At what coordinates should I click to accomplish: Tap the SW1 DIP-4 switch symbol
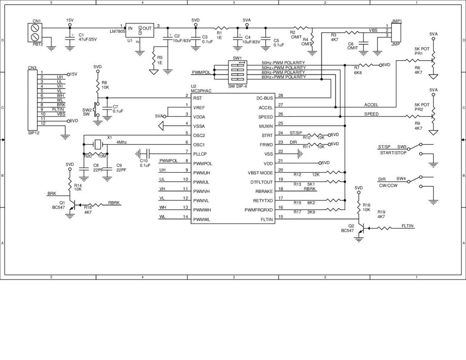click(x=237, y=72)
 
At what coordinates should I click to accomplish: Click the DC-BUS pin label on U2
click(x=264, y=98)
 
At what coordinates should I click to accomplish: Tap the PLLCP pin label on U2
click(x=201, y=154)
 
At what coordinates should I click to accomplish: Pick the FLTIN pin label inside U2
click(x=266, y=220)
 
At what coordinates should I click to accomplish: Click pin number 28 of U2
click(x=280, y=96)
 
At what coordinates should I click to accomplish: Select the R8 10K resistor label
click(x=105, y=85)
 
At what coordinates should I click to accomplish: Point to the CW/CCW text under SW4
click(x=388, y=185)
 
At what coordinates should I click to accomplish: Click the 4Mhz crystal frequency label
click(x=122, y=142)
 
